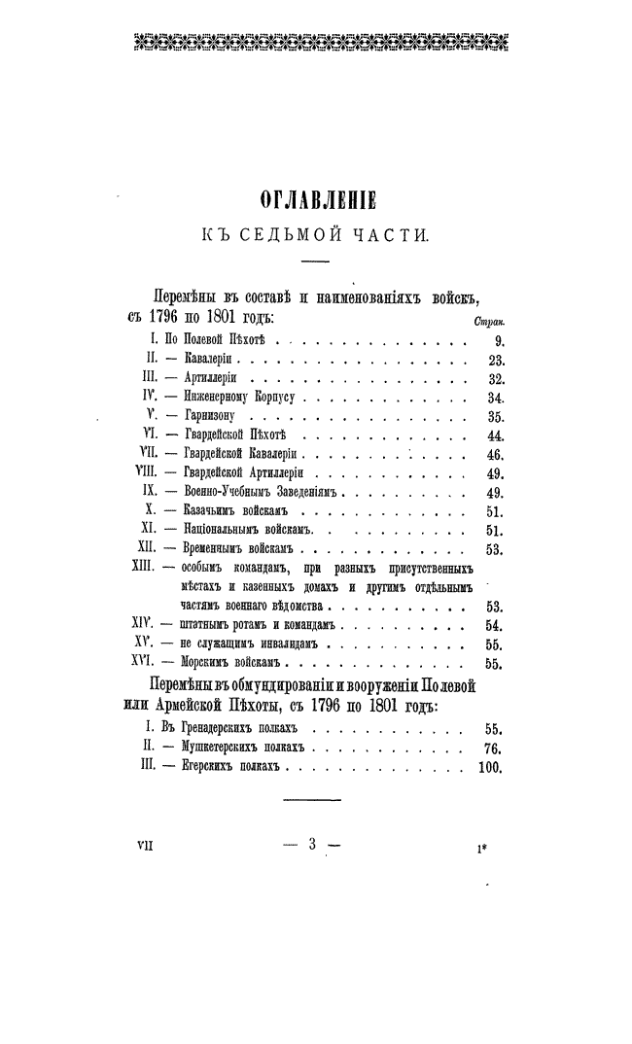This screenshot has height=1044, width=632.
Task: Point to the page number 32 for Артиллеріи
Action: coord(493,378)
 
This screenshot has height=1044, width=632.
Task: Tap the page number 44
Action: coord(493,435)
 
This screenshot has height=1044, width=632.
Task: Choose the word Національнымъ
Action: coord(220,530)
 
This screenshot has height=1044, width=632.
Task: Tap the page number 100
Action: coord(489,767)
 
